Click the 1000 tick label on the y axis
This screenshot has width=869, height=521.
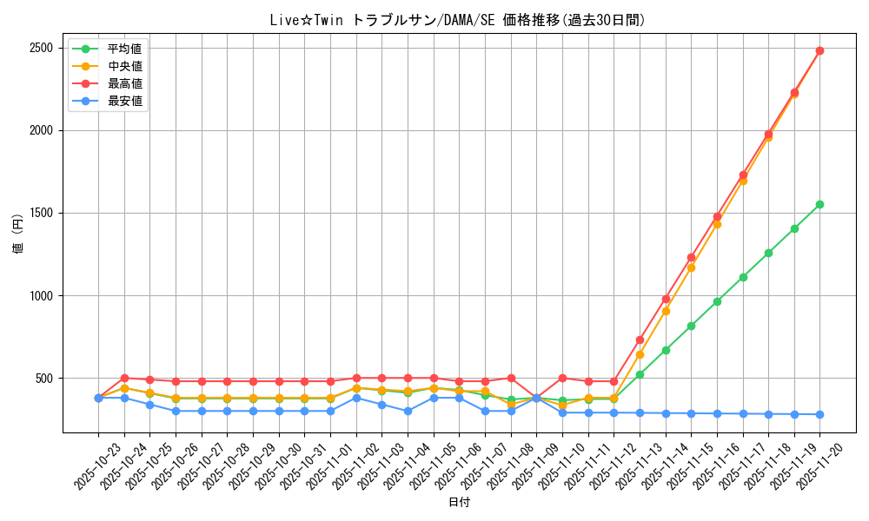coord(41,296)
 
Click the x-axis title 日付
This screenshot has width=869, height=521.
coord(459,503)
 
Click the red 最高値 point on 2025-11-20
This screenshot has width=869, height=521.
coord(819,50)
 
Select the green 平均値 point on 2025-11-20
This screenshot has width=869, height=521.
coord(819,204)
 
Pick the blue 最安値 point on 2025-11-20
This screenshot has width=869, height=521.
coord(819,414)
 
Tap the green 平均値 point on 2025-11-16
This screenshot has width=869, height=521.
coord(717,301)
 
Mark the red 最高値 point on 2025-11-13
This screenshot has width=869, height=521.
coord(640,340)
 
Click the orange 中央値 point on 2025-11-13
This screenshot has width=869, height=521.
coord(640,354)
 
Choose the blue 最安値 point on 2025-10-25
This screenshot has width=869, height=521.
coord(149,405)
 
